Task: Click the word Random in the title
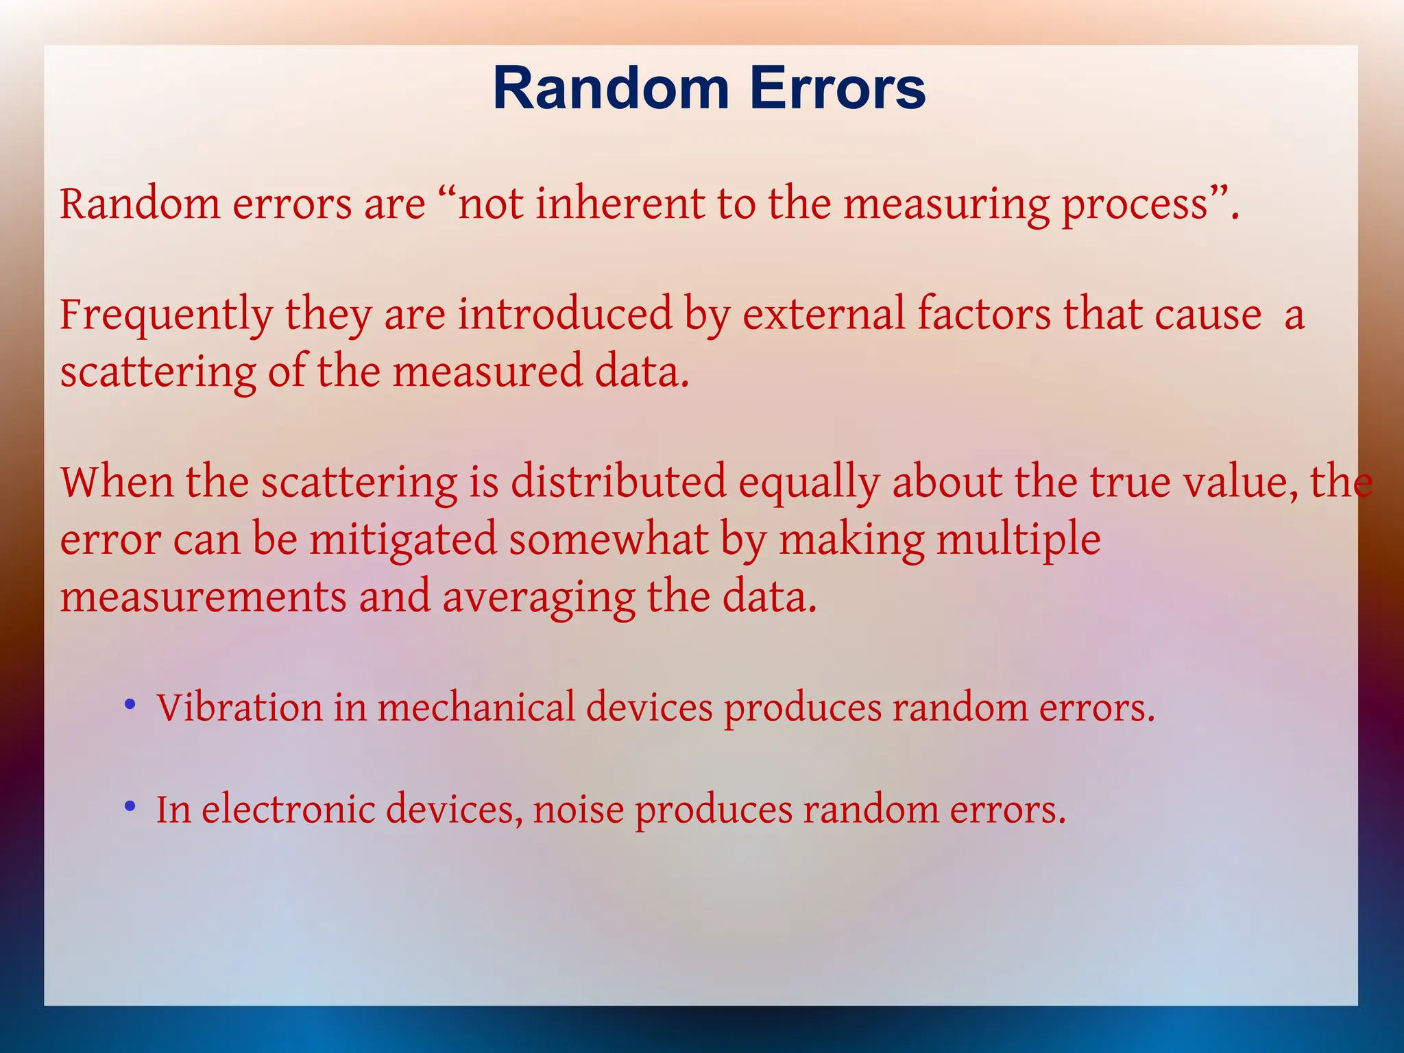(x=611, y=88)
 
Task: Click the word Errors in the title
(x=837, y=88)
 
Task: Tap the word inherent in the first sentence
(x=620, y=204)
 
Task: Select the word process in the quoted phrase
(x=1135, y=205)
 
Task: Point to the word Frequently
(x=167, y=315)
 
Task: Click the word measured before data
(x=487, y=372)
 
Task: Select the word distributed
(x=618, y=481)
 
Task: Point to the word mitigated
(x=403, y=540)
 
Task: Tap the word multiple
(x=1019, y=540)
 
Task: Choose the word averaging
(x=538, y=597)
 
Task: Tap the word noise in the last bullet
(x=579, y=810)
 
